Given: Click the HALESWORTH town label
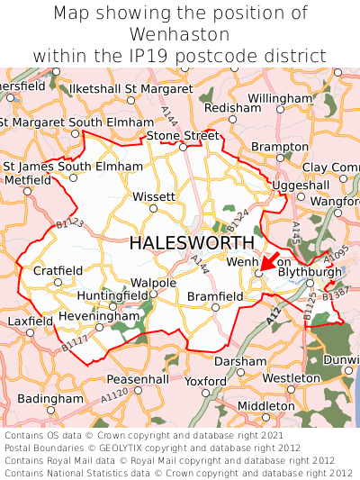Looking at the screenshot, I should tap(192, 243).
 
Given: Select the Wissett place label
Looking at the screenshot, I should tap(154, 196).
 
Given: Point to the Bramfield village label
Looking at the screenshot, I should tap(215, 296).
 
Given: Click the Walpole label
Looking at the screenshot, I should tap(154, 283).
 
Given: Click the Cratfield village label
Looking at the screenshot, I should tap(58, 270).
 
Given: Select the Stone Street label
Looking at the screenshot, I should tap(184, 136).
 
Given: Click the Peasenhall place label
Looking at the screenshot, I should tap(138, 380).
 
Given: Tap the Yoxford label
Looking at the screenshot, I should tap(205, 381).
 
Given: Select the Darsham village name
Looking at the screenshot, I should tap(240, 361).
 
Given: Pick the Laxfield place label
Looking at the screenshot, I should tap(31, 321).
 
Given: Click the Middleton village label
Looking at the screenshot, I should tap(265, 406).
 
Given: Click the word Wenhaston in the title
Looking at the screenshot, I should tap(180, 34).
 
